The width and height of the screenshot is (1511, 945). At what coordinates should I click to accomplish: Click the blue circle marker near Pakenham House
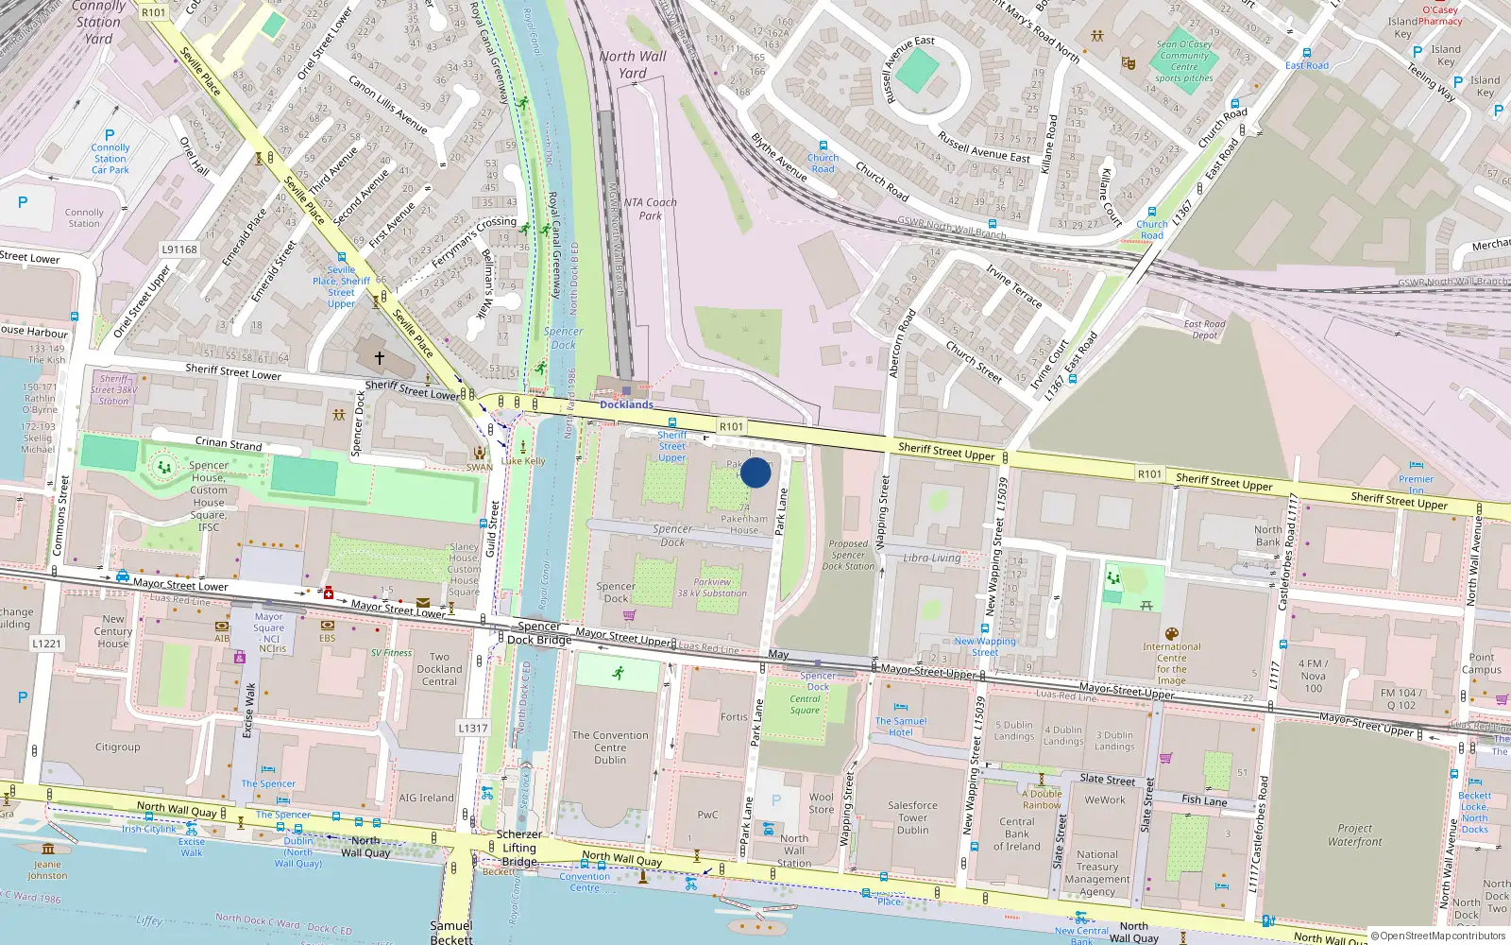tap(755, 472)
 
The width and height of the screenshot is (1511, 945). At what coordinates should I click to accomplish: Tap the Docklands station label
tap(626, 404)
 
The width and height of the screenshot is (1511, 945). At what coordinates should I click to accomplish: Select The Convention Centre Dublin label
tap(610, 747)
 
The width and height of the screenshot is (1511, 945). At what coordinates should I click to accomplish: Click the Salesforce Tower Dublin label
tap(912, 817)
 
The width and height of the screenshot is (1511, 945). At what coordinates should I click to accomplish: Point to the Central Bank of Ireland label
tap(1016, 833)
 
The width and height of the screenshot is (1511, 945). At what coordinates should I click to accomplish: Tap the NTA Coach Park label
tap(650, 209)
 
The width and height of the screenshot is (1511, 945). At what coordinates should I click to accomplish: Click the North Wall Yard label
tap(632, 64)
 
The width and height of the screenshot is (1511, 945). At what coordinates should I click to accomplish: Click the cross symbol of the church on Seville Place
tap(380, 358)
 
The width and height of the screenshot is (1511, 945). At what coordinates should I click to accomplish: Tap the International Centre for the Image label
tap(1171, 663)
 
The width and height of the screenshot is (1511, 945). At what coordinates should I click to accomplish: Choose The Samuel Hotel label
tap(900, 726)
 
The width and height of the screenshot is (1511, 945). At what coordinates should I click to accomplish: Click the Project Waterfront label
tap(1354, 834)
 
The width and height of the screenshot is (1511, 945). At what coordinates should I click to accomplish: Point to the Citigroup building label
tap(117, 747)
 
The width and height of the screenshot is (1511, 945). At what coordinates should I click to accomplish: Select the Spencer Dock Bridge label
tap(539, 633)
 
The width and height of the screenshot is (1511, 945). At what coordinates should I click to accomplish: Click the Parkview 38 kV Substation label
tap(712, 588)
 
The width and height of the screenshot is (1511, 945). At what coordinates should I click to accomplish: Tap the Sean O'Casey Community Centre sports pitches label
tap(1184, 61)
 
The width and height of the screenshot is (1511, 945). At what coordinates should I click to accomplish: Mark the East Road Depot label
tap(1204, 329)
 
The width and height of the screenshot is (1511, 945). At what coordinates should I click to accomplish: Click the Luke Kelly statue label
tap(523, 461)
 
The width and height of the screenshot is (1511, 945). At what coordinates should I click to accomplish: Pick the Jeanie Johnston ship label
tap(47, 869)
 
